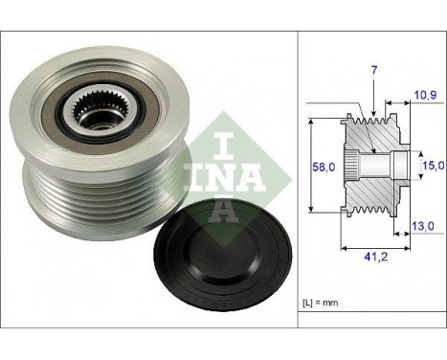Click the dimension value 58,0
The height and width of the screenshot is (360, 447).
click(x=324, y=167)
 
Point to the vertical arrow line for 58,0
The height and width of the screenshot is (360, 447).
click(x=313, y=167)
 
